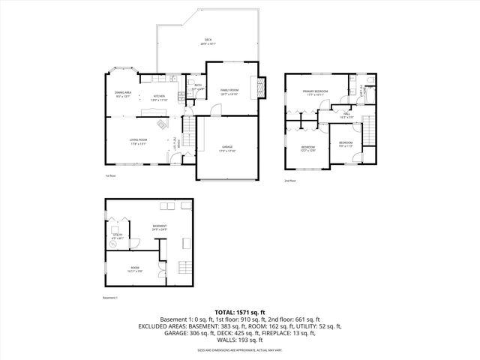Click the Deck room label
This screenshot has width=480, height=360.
(208, 42)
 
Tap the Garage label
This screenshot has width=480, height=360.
(226, 148)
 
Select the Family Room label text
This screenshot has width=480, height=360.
(229, 91)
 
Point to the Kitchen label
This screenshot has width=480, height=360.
(159, 97)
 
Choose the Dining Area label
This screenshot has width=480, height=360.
(123, 94)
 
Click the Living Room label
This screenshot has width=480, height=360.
(137, 142)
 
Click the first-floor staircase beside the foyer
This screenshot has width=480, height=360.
(192, 137)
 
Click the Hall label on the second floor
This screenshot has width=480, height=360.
(346, 116)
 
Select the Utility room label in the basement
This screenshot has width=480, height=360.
(118, 236)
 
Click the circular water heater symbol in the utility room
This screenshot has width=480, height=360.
(115, 244)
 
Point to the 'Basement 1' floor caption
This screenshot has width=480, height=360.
(111, 298)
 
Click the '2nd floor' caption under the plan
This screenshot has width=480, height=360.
(289, 181)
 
